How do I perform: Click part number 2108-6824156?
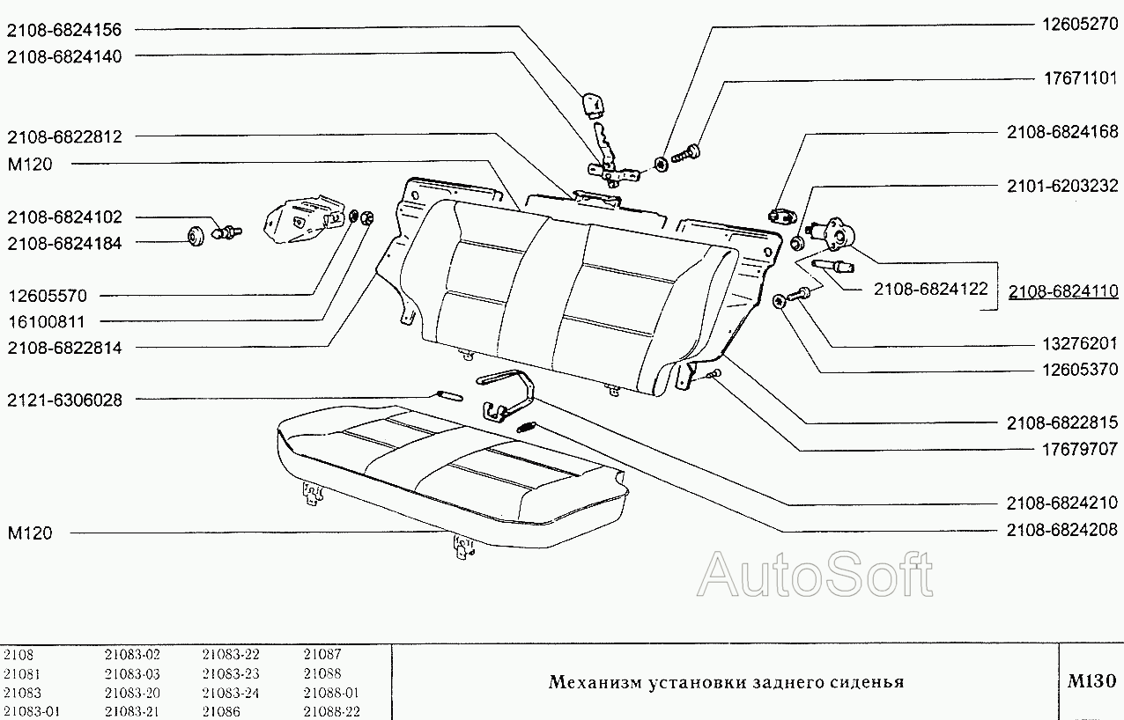[x=64, y=30]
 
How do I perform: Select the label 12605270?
[x=1075, y=25]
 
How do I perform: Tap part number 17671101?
[x=1075, y=78]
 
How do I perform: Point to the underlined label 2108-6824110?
[x=1063, y=290]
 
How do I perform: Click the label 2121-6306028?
[x=64, y=400]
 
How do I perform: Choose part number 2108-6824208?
[x=1063, y=530]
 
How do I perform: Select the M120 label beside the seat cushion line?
[x=29, y=533]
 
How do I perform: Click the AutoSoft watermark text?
[x=815, y=576]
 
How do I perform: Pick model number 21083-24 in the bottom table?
[x=230, y=693]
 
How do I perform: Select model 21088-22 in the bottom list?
[x=331, y=711]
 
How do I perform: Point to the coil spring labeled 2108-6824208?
[x=527, y=428]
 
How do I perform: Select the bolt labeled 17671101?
[x=685, y=155]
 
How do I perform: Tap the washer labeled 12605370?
[x=780, y=301]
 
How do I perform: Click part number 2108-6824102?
[x=64, y=217]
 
